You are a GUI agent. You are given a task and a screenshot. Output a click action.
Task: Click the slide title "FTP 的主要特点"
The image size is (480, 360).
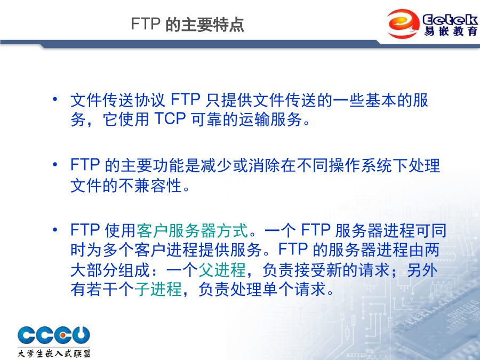[188, 24]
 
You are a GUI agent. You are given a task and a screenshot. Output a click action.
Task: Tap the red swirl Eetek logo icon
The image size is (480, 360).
[403, 23]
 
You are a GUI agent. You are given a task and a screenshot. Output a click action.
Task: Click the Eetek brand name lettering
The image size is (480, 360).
[450, 19]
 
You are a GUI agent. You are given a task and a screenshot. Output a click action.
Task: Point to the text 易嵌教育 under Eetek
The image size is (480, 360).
[451, 31]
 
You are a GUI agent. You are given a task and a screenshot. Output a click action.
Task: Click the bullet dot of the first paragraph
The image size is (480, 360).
[55, 99]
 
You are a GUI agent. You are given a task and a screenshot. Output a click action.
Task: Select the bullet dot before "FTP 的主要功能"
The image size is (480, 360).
[55, 164]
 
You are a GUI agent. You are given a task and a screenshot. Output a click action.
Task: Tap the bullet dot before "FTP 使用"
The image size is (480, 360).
[55, 229]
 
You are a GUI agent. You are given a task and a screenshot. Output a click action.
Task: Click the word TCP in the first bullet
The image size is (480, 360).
[170, 119]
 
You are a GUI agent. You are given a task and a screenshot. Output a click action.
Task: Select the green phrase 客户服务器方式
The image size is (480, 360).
[192, 230]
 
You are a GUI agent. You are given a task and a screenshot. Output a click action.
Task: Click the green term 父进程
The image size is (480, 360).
[222, 270]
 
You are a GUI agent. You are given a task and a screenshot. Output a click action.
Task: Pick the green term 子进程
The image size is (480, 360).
[158, 289]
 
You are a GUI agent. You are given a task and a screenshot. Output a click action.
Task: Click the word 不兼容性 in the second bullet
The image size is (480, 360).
[150, 186]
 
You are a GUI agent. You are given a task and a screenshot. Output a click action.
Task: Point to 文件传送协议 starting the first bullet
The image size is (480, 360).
[118, 100]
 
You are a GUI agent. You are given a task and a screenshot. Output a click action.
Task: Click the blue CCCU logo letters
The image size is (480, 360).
[53, 335]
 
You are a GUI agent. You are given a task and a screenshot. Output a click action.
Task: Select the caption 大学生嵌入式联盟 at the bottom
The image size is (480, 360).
[54, 353]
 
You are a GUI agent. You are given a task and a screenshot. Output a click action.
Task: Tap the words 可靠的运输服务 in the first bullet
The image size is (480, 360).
[247, 119]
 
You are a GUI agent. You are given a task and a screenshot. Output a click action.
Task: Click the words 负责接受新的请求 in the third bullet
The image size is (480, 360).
[326, 270]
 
